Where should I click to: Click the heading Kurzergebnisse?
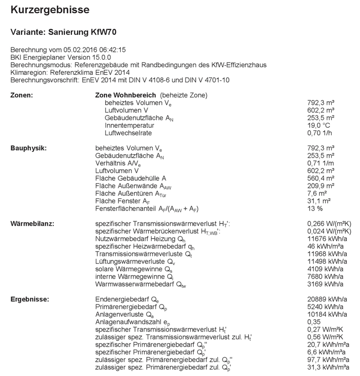coord(50,10)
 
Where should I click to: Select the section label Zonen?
coord(22,94)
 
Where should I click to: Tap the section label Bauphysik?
coord(27,147)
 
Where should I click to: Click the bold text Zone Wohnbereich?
coord(125,94)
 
